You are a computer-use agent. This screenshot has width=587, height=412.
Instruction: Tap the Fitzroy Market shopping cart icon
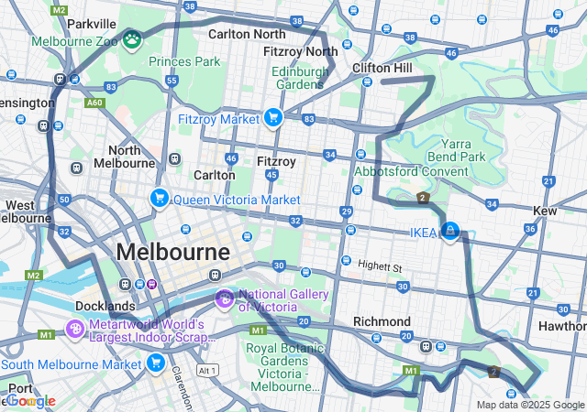[272, 117]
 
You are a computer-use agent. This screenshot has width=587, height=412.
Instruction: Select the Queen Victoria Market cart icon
[160, 198]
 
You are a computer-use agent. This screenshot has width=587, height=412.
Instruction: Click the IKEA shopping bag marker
[449, 231]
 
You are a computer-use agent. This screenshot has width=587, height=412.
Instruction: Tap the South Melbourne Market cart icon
[156, 363]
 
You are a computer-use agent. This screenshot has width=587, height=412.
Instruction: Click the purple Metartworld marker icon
[75, 328]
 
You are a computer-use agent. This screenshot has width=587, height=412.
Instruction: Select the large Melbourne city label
[173, 252]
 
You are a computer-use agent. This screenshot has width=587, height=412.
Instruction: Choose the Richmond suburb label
[382, 321]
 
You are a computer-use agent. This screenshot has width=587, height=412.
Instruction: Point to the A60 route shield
[70, 103]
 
